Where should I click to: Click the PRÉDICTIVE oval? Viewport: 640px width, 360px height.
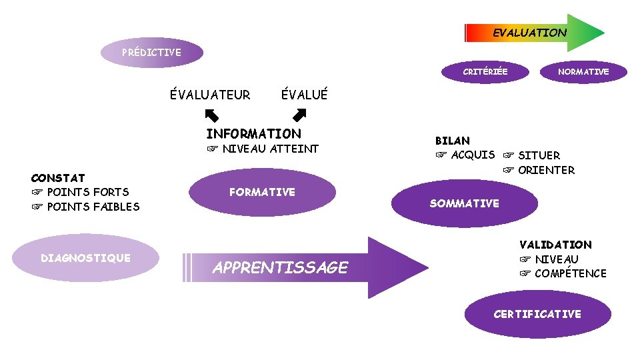[151, 52]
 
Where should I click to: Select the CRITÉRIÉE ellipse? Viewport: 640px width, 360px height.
[485, 71]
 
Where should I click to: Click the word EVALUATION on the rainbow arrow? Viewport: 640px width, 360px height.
[529, 33]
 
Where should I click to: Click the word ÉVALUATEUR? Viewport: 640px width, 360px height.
[210, 95]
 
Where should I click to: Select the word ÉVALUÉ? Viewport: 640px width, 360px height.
[305, 95]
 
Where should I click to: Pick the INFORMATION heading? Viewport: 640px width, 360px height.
[253, 133]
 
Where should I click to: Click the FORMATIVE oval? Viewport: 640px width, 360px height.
[262, 192]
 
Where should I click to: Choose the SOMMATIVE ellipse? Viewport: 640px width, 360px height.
[464, 203]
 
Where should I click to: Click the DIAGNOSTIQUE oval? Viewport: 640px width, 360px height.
[86, 258]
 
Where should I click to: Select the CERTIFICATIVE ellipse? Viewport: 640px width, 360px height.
[537, 314]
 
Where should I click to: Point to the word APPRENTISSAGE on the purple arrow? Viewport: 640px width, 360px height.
[280, 267]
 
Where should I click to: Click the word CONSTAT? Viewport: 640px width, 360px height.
[58, 178]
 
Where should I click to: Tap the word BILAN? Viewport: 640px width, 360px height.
[453, 141]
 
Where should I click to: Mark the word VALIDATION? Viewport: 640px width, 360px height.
[555, 245]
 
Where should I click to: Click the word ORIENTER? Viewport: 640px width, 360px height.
[546, 170]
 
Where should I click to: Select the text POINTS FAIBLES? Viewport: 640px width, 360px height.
[93, 207]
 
